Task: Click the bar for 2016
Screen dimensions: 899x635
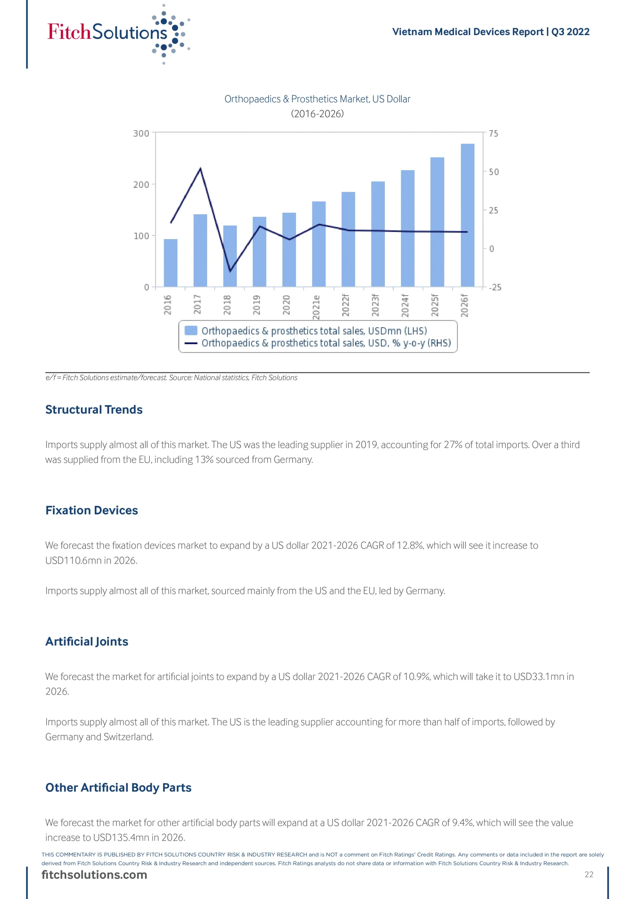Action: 170,263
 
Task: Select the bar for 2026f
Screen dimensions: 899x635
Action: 467,215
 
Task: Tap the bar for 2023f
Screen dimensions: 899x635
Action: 377,234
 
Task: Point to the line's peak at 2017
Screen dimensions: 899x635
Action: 200,169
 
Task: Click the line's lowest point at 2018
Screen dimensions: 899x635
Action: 230,270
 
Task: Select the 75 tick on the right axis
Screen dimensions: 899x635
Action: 493,133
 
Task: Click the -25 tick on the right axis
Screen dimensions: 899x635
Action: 495,287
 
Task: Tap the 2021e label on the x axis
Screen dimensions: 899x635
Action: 316,307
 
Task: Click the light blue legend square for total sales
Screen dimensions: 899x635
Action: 190,330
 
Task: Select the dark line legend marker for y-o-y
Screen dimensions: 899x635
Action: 190,343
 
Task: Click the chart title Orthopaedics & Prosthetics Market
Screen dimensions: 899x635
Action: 317,99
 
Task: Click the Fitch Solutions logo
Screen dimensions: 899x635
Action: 118,33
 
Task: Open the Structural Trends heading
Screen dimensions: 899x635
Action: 94,409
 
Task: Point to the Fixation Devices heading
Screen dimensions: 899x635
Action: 92,511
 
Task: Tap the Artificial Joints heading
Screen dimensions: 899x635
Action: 87,642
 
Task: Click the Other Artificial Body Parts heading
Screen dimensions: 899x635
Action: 118,788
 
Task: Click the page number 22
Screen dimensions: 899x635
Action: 588,875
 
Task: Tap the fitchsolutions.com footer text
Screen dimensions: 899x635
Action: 94,875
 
